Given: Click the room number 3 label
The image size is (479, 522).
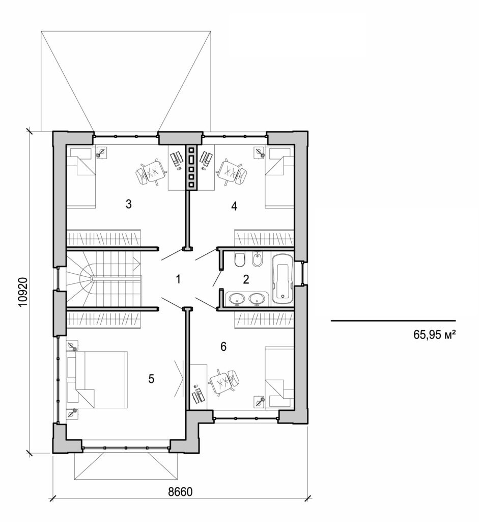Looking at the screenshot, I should [129, 204].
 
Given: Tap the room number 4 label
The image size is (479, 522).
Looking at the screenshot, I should [234, 206].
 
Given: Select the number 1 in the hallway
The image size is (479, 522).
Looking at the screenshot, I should [178, 279].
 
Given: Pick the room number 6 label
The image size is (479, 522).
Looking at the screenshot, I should [223, 347].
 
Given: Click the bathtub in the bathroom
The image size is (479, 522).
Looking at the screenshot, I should [282, 279].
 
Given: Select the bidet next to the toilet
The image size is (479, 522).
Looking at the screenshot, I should [258, 260].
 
